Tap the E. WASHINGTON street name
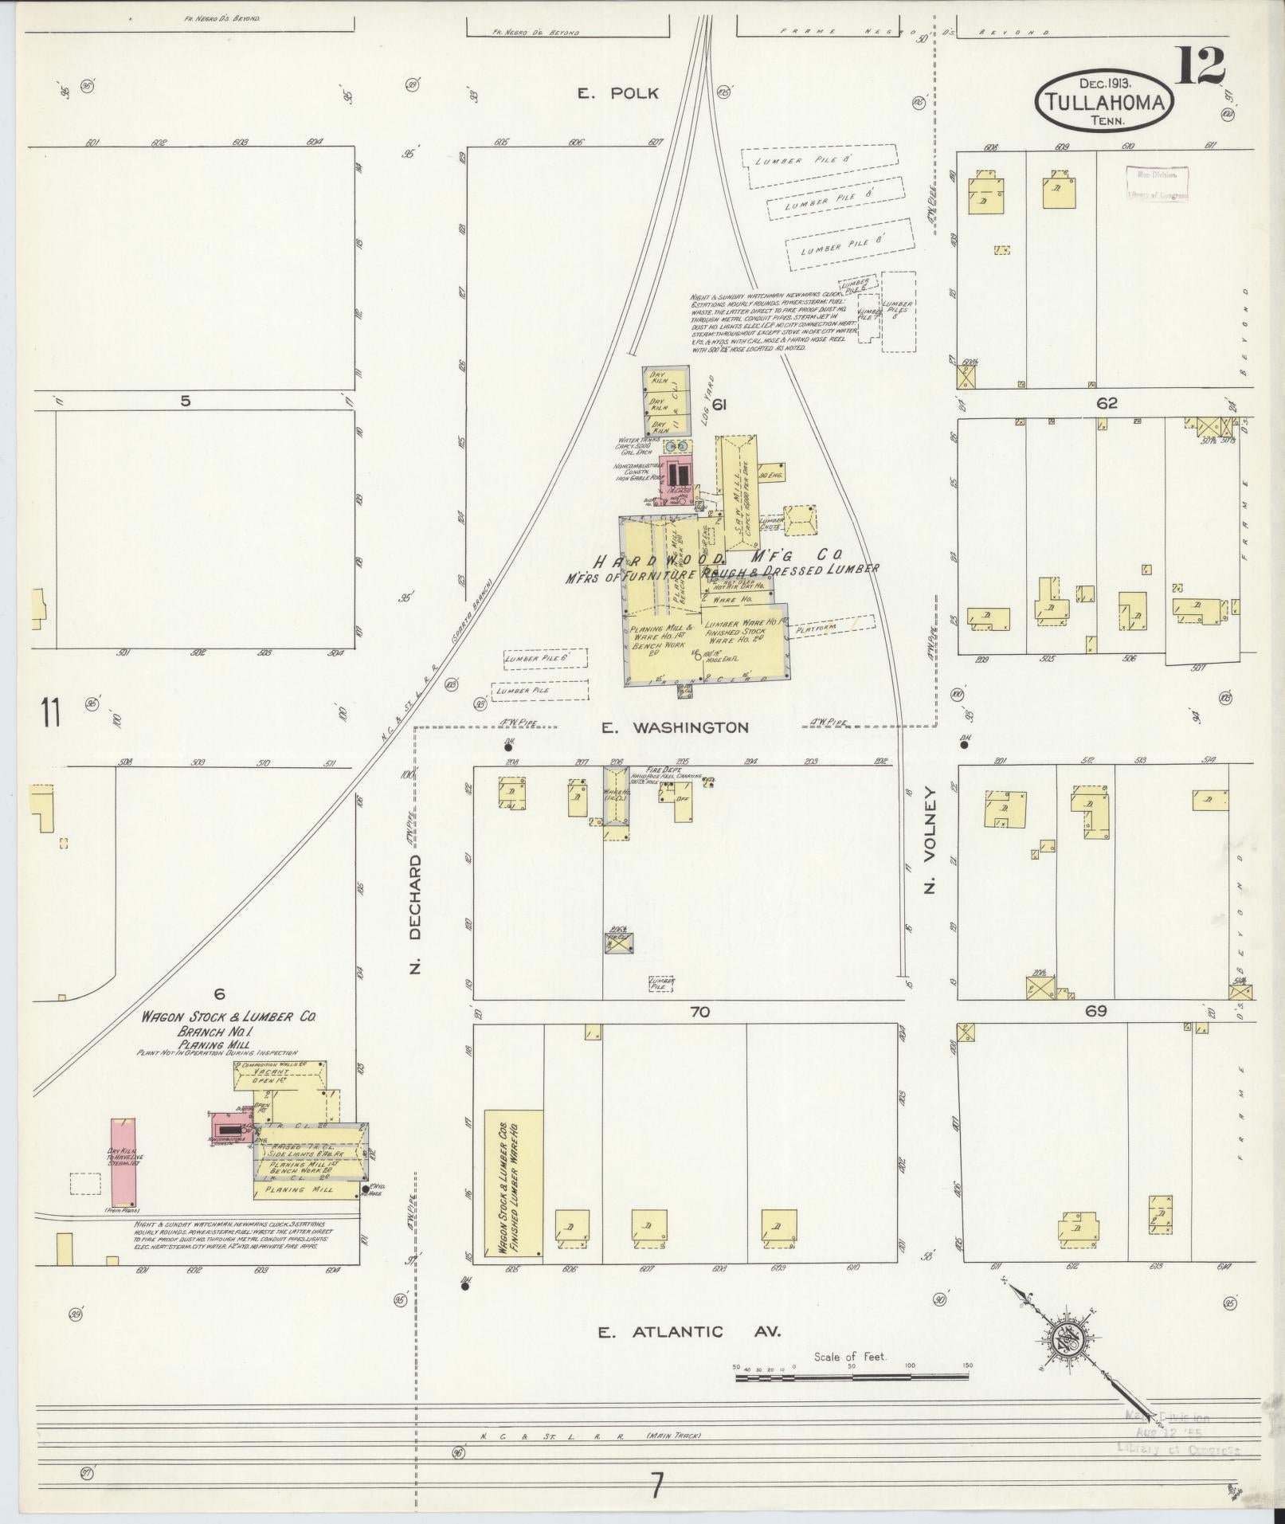(x=674, y=727)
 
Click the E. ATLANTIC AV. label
(x=690, y=1331)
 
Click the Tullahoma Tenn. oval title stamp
(x=1104, y=100)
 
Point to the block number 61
(x=719, y=405)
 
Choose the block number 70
(x=699, y=1012)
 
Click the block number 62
(x=1107, y=404)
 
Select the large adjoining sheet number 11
(x=52, y=711)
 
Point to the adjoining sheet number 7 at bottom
(x=656, y=1486)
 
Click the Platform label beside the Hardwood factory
(x=816, y=627)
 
